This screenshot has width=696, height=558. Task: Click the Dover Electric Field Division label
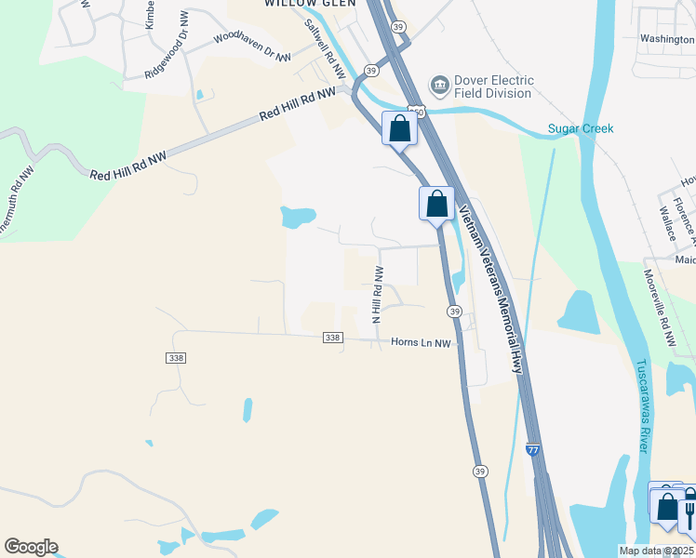(492, 86)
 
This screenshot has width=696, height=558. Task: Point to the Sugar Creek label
(580, 128)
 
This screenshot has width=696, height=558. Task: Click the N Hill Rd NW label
(379, 293)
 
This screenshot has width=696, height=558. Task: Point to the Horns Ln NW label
(420, 343)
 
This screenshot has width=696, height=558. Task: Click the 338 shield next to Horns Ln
(333, 338)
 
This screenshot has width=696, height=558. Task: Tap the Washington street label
(666, 39)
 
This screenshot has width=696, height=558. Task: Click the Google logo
(31, 547)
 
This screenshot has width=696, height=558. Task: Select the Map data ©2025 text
(656, 551)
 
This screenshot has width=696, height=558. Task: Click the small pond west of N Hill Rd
(297, 218)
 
